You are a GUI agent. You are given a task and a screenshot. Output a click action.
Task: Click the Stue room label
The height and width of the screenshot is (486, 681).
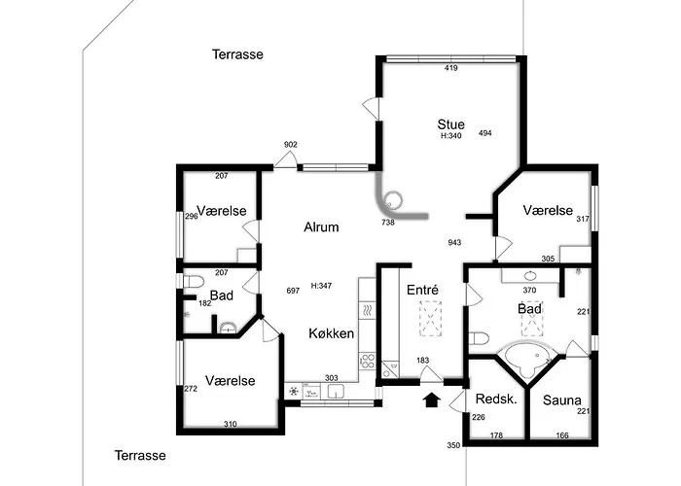click(450, 124)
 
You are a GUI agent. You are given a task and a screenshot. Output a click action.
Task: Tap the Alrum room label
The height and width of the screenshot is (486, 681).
click(321, 226)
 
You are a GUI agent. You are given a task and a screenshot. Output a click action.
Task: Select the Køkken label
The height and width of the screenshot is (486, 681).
click(331, 333)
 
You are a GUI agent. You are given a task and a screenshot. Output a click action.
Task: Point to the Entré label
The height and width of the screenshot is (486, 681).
click(422, 290)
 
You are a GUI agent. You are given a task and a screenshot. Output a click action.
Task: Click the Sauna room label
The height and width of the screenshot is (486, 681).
click(562, 400)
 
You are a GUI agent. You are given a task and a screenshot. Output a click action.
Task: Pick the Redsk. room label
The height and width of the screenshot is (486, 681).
click(496, 399)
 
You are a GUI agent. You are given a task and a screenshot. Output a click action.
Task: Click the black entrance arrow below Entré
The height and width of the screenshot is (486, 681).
click(432, 399)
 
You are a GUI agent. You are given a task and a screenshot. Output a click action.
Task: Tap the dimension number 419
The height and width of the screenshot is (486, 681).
click(451, 68)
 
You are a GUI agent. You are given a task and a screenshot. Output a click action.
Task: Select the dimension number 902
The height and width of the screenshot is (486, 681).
click(291, 145)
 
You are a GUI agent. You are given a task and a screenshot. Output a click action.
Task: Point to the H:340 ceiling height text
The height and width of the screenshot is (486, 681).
click(450, 136)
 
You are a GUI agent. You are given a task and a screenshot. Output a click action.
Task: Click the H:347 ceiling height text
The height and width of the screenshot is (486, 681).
click(321, 286)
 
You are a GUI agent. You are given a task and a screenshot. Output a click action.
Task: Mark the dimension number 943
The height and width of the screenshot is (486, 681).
click(454, 243)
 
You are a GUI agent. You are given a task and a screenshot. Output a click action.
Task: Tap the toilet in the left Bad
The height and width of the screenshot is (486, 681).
click(194, 282)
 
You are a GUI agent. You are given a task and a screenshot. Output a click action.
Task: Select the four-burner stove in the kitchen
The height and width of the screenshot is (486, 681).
click(368, 361)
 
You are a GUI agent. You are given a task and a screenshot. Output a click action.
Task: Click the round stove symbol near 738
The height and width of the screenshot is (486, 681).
click(393, 200)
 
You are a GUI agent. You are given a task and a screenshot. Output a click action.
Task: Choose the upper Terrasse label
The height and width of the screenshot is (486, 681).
click(237, 54)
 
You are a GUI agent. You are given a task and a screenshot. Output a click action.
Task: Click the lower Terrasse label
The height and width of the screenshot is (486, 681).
click(140, 455)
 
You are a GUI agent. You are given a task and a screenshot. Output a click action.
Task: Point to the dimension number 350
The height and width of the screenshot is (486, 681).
click(453, 445)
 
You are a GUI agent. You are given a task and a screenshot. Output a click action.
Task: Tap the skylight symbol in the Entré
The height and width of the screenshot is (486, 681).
click(430, 318)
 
